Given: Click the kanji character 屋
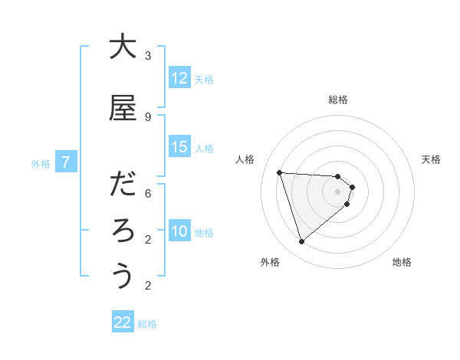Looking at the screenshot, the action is pos(123,109).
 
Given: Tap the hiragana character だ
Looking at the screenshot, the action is pos(123,185).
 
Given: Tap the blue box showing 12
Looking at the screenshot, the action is pos(179,78).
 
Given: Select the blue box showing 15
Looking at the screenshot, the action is pos(179,147).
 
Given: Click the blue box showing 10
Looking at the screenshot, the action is pos(179,231).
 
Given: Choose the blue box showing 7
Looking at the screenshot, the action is pos(67,162).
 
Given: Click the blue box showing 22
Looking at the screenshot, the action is pos(123,322).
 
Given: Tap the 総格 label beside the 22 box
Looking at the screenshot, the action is pos(148,324).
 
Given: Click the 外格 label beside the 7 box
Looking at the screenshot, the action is pos(41,163).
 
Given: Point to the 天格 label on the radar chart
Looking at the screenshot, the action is pos(432,159).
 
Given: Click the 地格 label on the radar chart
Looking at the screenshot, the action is pos(402,262).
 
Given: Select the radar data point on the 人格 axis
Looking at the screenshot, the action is pos(280,172).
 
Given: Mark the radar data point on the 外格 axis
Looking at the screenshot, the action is pos(301,242).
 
